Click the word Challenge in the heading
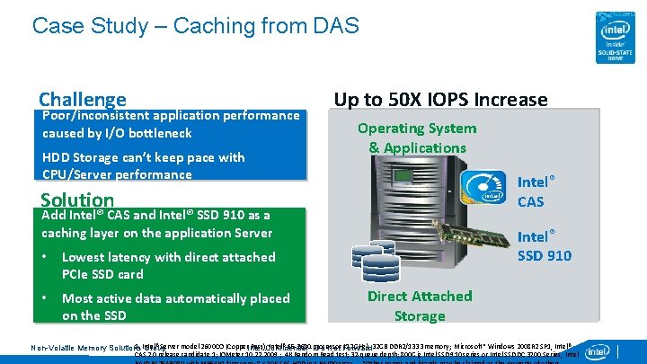(x=82, y=99)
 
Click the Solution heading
(x=77, y=200)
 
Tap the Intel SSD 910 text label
(x=544, y=246)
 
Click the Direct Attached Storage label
(x=420, y=306)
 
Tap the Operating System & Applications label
(x=417, y=138)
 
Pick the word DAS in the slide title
(x=336, y=25)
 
